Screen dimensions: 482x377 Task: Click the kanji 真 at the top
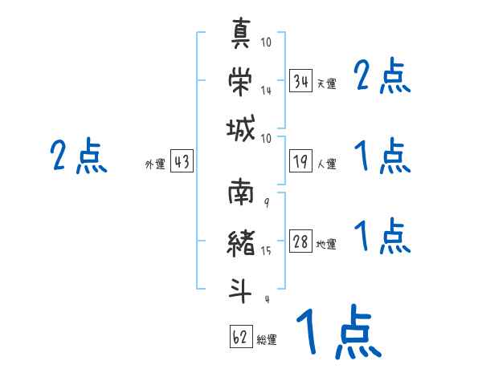tap(241, 33)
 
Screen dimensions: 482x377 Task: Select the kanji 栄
tap(240, 81)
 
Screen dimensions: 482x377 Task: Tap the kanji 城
tap(241, 128)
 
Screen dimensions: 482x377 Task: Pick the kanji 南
tap(241, 192)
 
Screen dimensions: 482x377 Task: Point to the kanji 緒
tap(241, 243)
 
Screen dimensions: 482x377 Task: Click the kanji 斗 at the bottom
tap(240, 290)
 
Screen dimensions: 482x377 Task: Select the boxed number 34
tap(300, 80)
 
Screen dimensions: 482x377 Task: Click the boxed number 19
tap(300, 161)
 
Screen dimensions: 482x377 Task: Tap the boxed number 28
tap(300, 241)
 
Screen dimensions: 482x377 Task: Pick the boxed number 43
tap(182, 160)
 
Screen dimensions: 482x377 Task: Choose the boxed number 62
tap(241, 336)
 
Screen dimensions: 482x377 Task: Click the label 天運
tap(326, 83)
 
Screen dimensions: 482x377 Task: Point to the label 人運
tap(326, 164)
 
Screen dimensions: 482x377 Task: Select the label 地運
tap(326, 244)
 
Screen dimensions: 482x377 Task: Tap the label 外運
tap(155, 164)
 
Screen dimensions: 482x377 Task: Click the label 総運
tap(267, 339)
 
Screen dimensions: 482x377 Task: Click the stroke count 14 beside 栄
tap(266, 90)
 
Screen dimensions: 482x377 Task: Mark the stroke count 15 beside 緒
tap(266, 250)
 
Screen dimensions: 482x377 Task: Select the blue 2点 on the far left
tap(79, 156)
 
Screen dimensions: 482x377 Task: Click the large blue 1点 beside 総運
tap(339, 331)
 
